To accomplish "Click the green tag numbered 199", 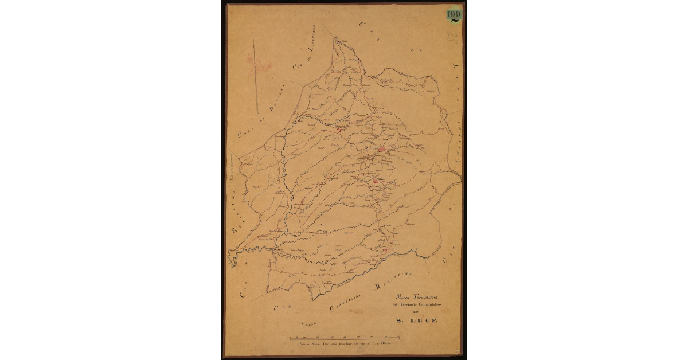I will tap(454, 15).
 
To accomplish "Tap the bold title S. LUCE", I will tap(417, 321).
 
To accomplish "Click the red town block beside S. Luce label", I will tap(382, 148).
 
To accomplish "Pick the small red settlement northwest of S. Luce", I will tap(339, 130).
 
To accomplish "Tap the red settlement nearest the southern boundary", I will tap(385, 251).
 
